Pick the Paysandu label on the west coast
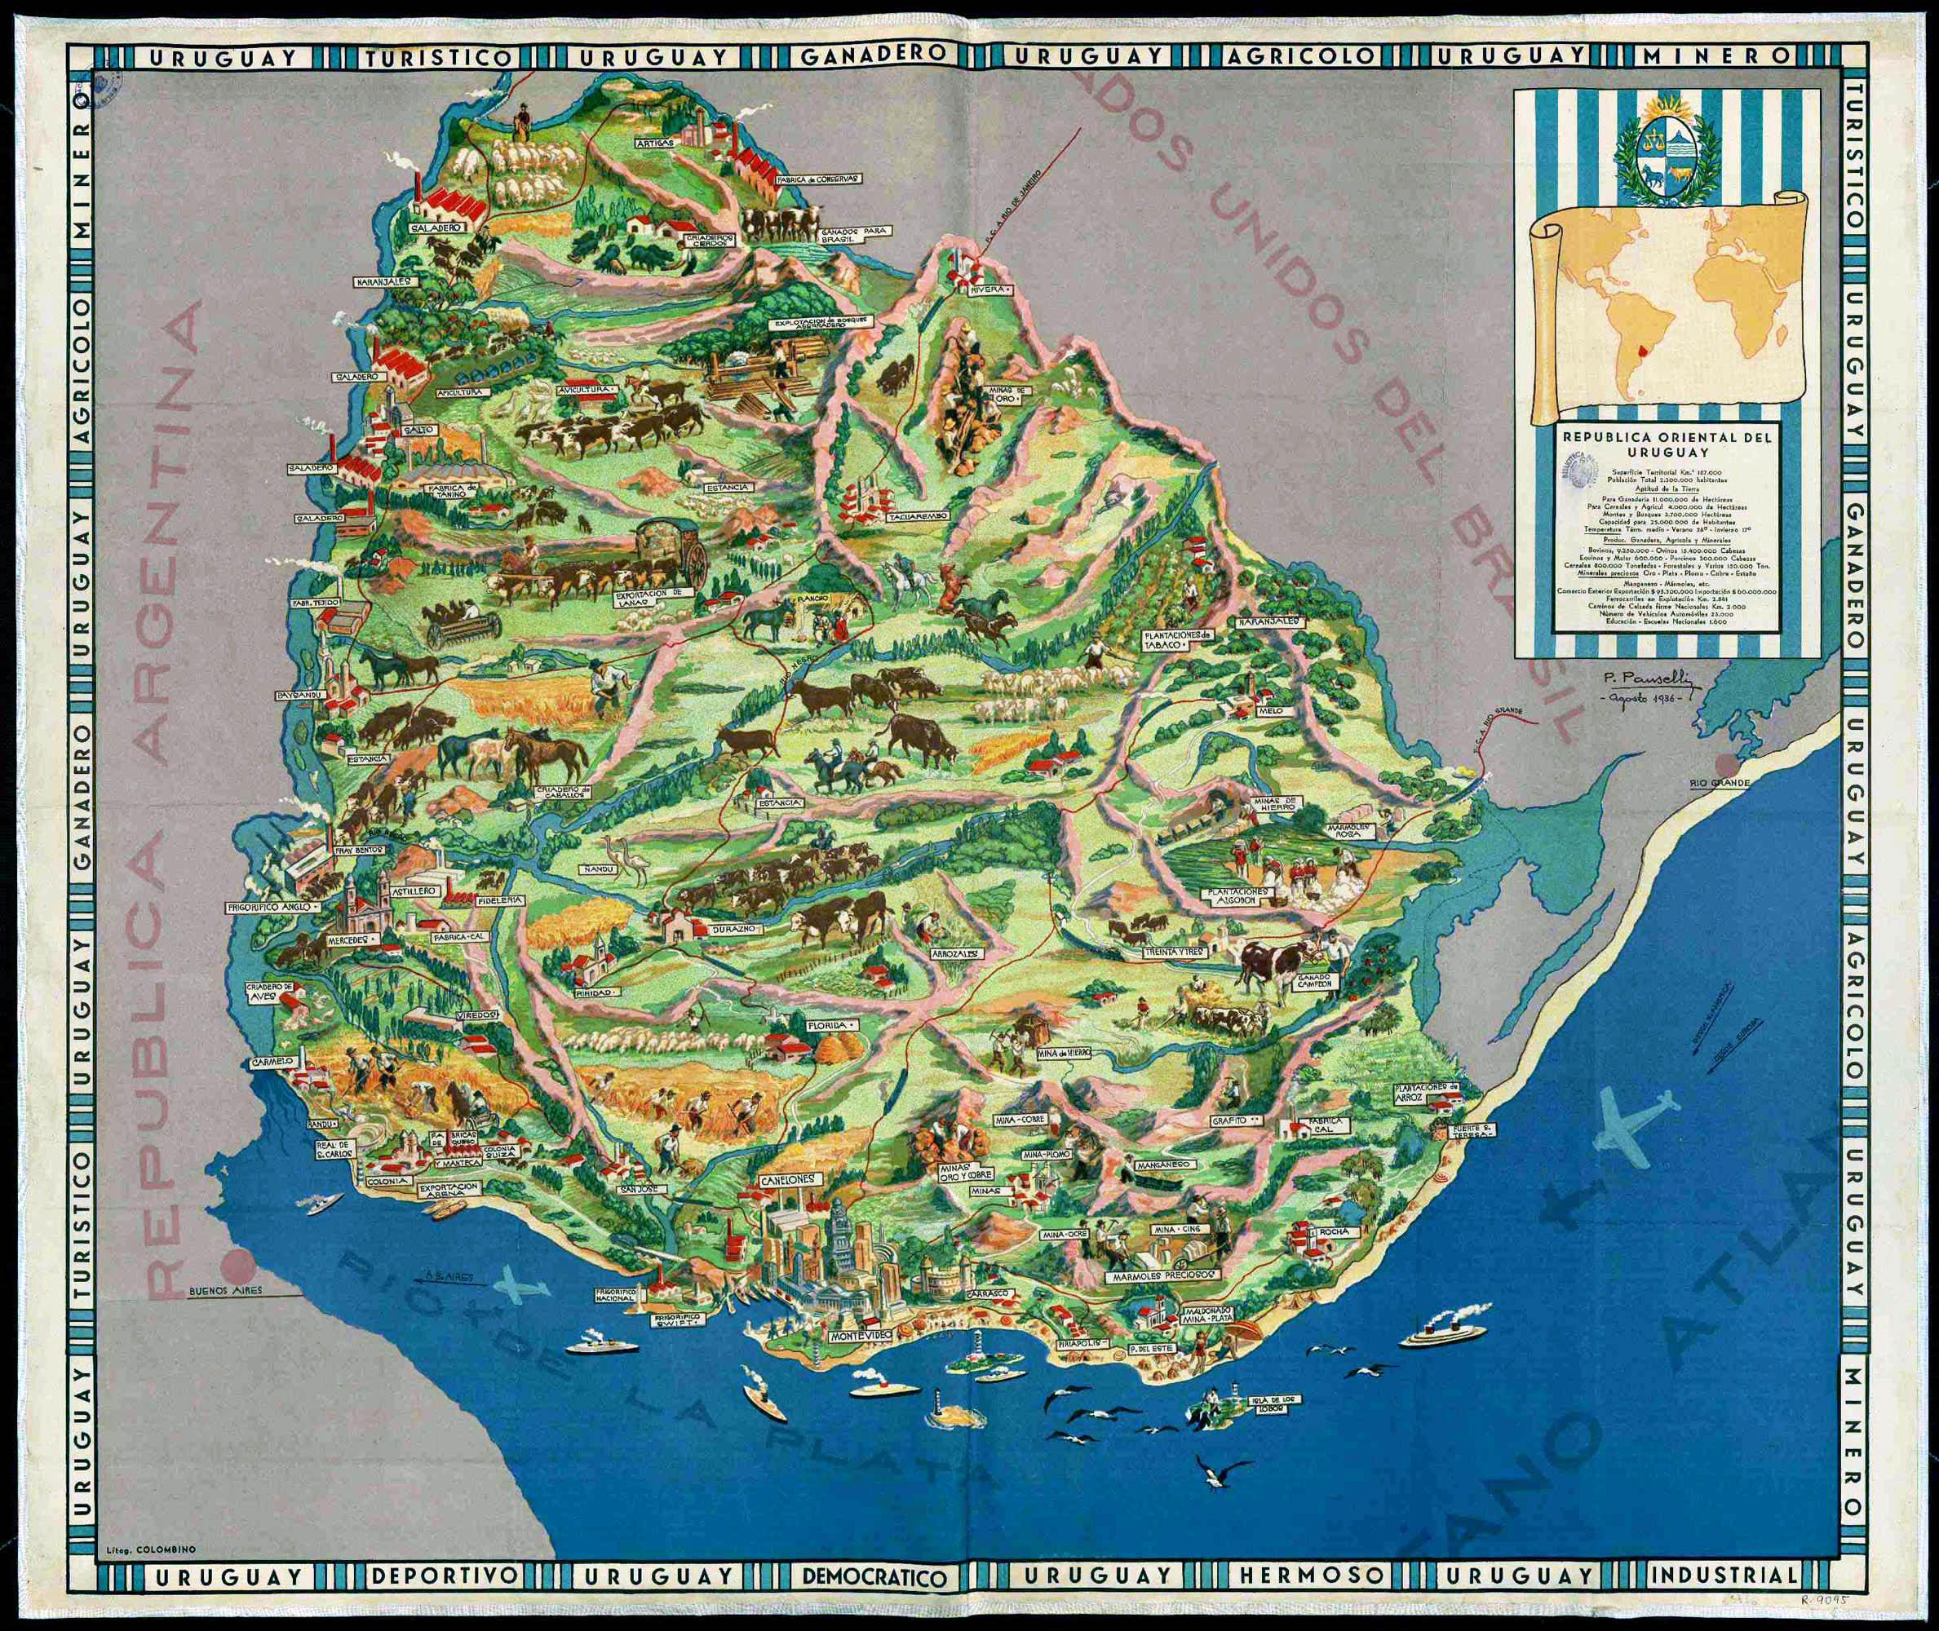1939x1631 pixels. [x=297, y=692]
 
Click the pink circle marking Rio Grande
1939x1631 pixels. [x=1724, y=765]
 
